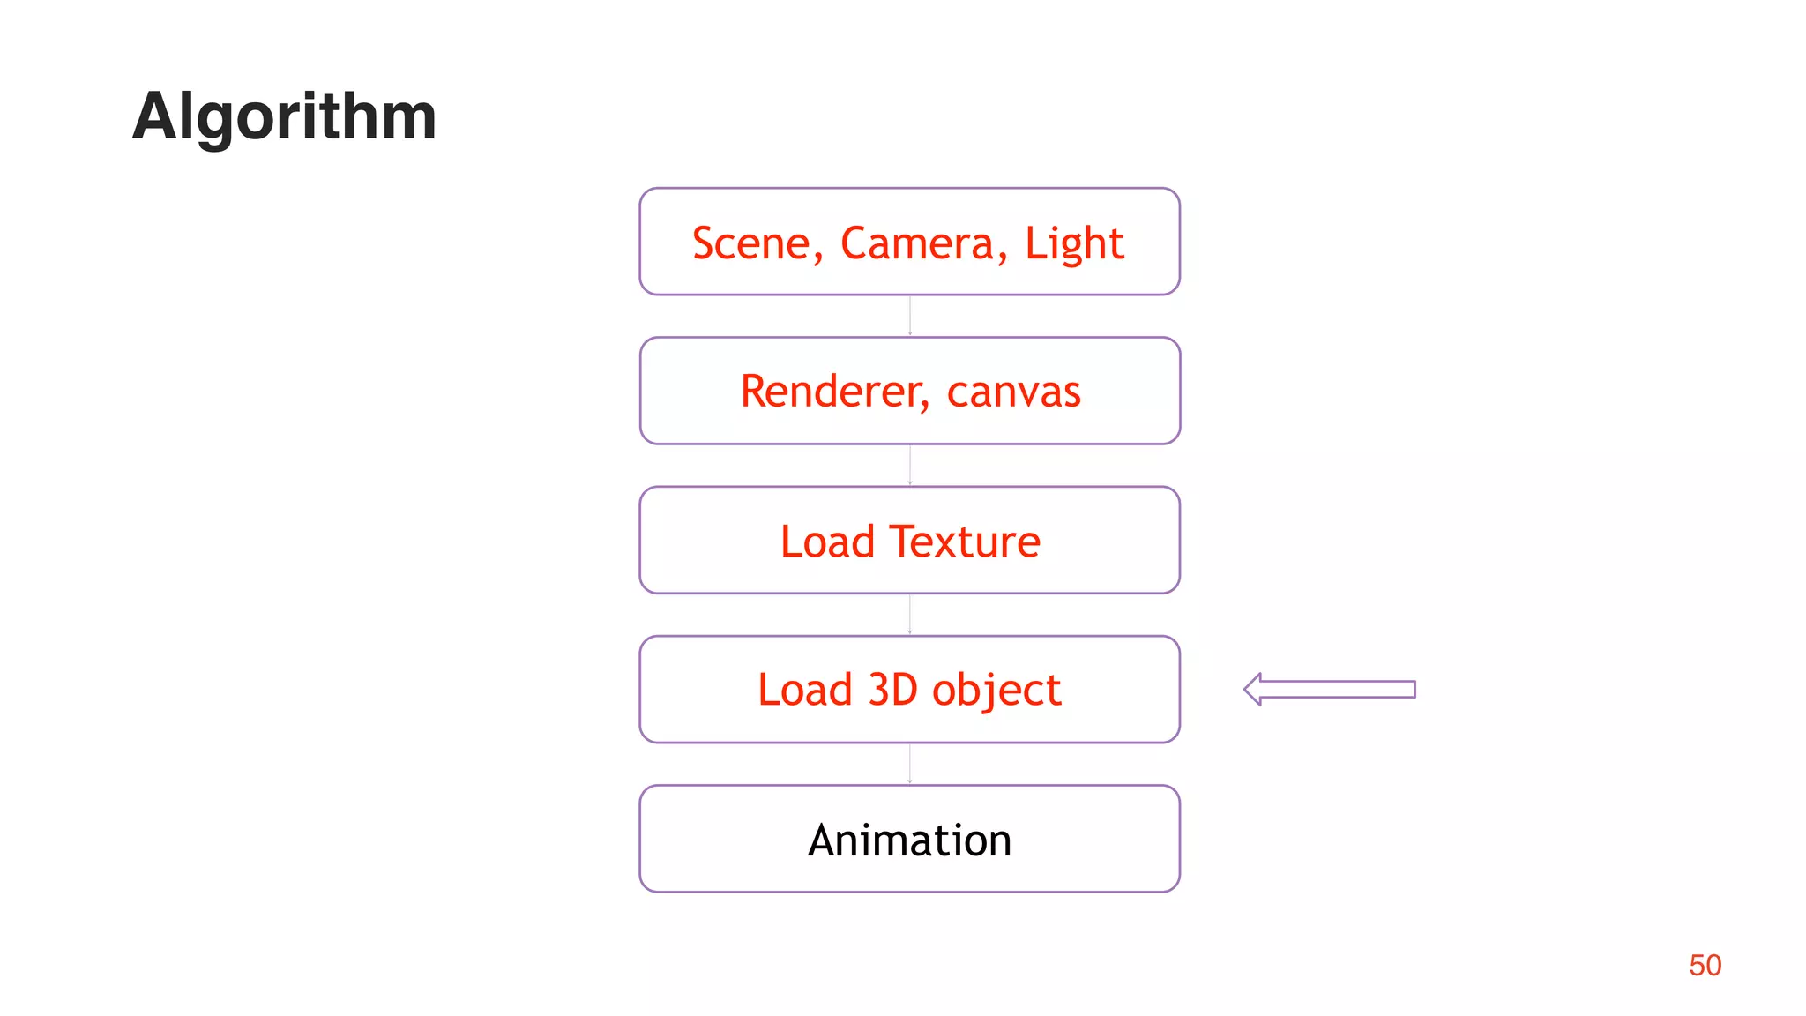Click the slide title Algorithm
click(x=284, y=116)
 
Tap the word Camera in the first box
click(x=917, y=243)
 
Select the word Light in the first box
click(x=1073, y=243)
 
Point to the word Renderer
click(x=828, y=392)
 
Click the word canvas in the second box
click(x=1013, y=392)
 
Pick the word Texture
click(x=965, y=542)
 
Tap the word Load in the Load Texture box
click(x=827, y=542)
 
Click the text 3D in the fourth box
click(x=893, y=690)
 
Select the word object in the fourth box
click(x=996, y=690)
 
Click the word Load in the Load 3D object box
click(x=804, y=690)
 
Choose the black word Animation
click(x=910, y=840)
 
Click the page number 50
click(x=1705, y=965)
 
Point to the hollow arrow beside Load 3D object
click(x=1329, y=690)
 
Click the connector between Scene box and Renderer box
click(x=910, y=316)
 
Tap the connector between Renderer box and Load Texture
click(x=910, y=465)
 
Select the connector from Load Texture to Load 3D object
click(x=910, y=614)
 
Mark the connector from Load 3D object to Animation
click(x=910, y=764)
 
